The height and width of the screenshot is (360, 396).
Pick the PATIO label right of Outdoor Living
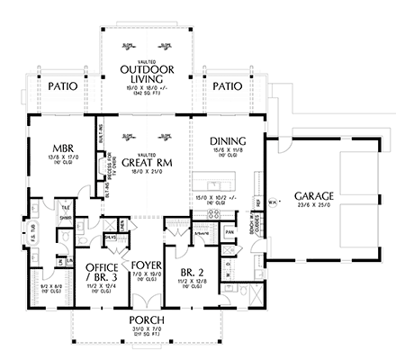227,87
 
